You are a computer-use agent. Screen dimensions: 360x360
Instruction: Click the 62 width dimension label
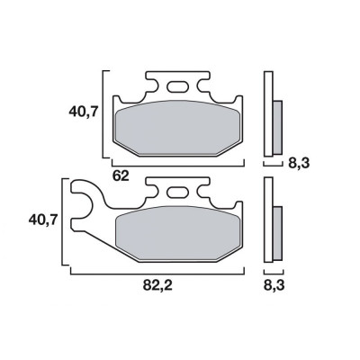point(121,175)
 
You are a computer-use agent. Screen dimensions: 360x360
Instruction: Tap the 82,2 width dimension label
point(157,285)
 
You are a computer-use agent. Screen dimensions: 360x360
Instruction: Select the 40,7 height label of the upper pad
point(84,112)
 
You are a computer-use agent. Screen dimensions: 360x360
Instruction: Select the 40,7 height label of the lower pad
point(43,220)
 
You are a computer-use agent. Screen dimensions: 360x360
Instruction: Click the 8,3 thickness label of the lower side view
point(274,285)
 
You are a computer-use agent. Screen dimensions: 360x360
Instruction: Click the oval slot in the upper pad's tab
point(176,86)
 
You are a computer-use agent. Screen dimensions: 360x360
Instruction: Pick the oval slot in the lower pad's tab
point(176,192)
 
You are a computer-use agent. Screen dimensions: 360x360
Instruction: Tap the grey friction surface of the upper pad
point(177,128)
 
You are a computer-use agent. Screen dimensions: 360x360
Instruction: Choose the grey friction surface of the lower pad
point(177,234)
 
